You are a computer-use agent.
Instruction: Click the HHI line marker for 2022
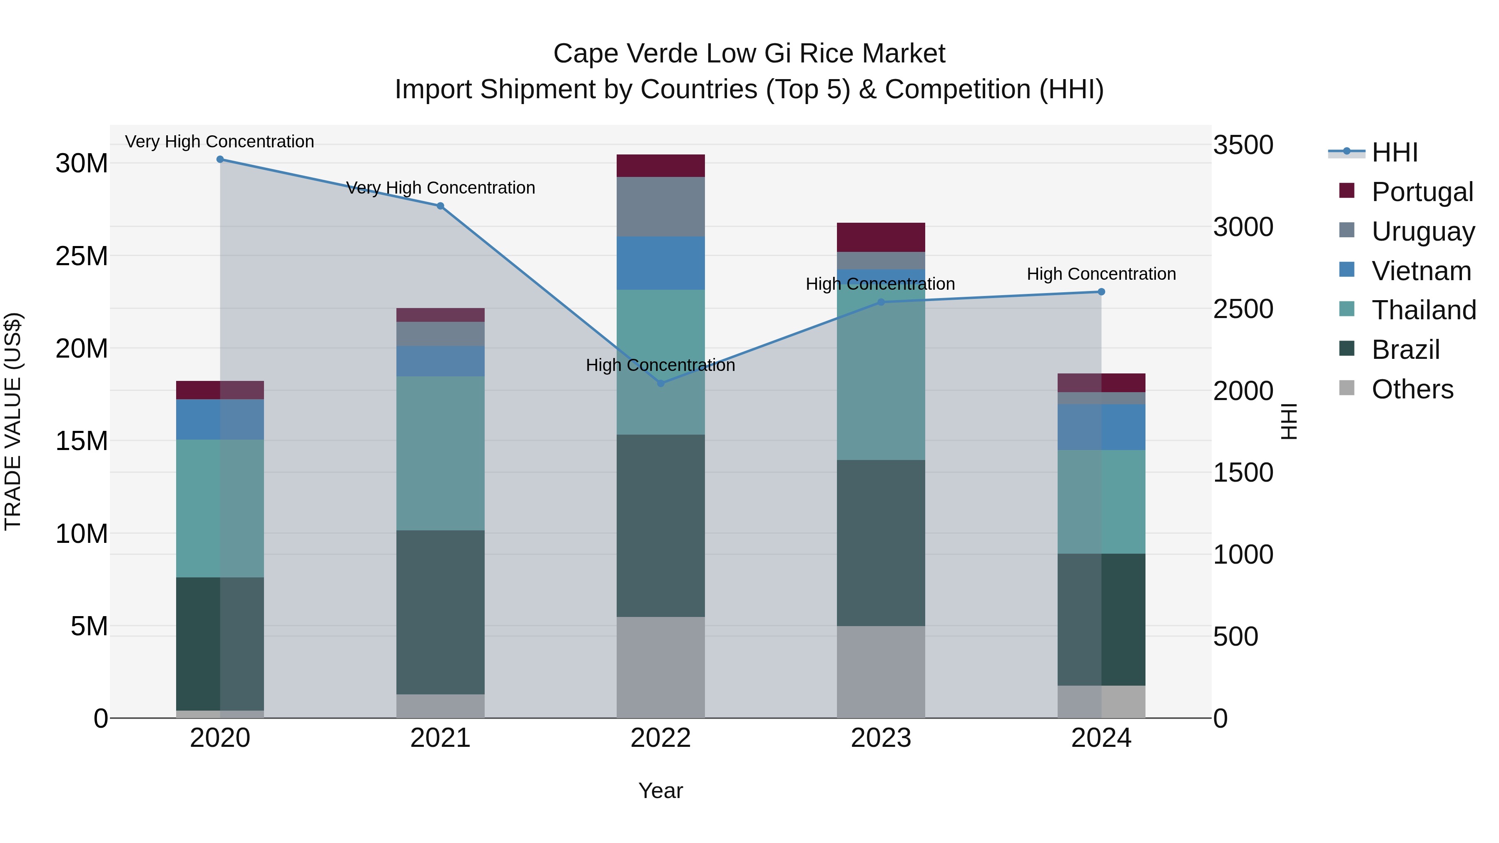[660, 383]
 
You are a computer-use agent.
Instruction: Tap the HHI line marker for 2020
[220, 159]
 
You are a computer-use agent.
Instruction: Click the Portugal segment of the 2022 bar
[660, 166]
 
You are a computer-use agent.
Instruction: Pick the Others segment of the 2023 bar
[880, 672]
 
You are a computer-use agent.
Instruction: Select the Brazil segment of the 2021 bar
[441, 612]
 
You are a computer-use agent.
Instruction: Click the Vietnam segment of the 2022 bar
[660, 263]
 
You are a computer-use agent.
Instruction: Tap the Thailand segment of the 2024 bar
[1101, 502]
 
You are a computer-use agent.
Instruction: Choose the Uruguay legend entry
[1422, 231]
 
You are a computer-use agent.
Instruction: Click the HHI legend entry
[1394, 152]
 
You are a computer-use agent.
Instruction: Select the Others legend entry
[1412, 389]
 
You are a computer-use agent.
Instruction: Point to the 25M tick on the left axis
[82, 256]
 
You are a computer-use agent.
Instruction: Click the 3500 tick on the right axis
[1243, 145]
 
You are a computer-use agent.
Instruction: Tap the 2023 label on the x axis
[880, 738]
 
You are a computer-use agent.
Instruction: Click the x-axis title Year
[660, 791]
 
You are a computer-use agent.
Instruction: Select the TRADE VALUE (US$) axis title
[13, 421]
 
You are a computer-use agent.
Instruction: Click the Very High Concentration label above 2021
[441, 188]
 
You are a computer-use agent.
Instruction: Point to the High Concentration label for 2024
[1101, 274]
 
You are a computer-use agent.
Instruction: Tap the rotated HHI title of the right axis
[1290, 421]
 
